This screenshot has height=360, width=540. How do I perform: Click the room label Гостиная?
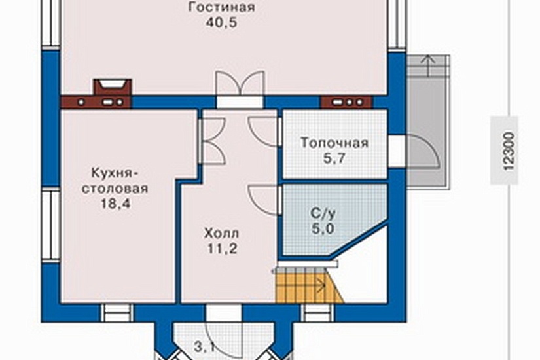coord(221,8)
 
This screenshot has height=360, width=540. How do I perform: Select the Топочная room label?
coord(334,143)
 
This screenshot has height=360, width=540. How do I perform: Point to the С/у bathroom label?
coord(319,215)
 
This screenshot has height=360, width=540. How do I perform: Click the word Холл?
coord(221,233)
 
